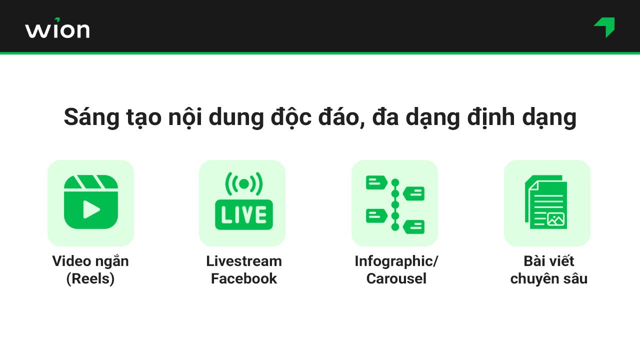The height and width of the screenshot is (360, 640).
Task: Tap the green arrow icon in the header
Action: coord(605,27)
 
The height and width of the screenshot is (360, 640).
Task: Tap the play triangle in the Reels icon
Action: coord(91,209)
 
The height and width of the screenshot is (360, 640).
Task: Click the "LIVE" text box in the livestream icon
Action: coord(243,214)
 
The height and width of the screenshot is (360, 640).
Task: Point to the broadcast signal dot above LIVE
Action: coord(243,184)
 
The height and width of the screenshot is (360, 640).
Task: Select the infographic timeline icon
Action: coord(395,203)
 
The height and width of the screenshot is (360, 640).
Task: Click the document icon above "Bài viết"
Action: coord(546,202)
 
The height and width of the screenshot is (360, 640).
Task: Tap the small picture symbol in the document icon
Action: coord(555,219)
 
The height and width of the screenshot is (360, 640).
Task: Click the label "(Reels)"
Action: coord(90,278)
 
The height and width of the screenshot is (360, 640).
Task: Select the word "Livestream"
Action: coord(244,261)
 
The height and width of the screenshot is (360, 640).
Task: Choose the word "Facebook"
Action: coord(244,278)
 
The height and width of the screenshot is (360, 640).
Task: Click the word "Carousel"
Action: coord(396,278)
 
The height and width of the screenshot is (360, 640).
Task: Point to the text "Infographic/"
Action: coord(396,261)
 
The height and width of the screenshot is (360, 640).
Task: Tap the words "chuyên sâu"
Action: coord(548,278)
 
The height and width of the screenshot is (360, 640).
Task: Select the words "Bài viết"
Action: coord(548,261)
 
